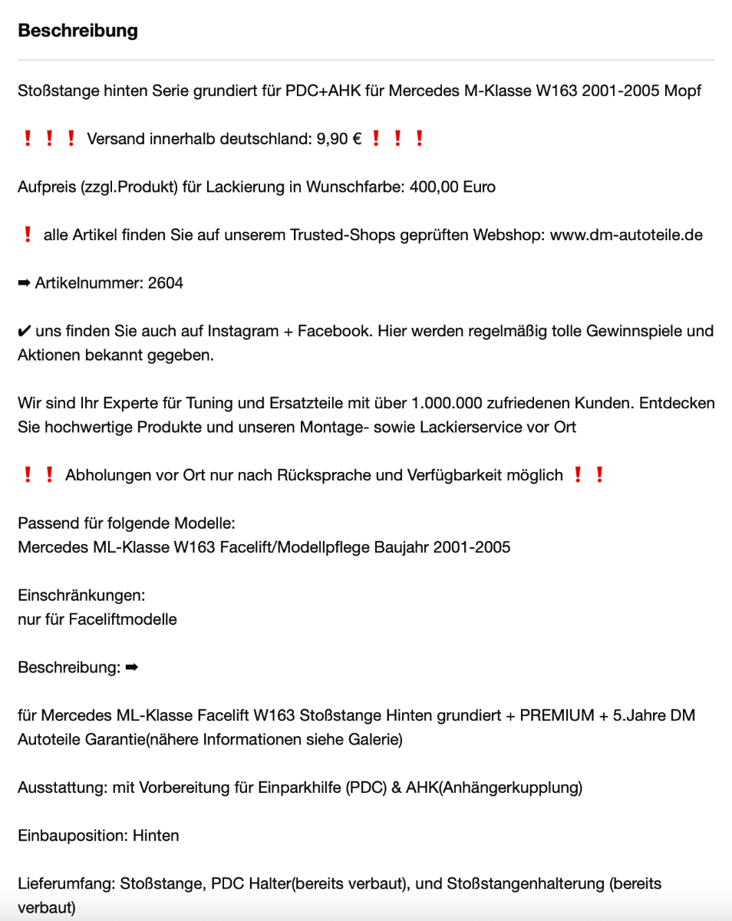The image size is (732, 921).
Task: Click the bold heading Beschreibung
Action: pos(77,31)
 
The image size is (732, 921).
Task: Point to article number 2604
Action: pos(166,283)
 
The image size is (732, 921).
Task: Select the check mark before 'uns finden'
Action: pos(25,331)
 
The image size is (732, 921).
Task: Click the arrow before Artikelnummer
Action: pos(25,283)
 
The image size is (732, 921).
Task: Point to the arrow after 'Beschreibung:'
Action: pos(131,667)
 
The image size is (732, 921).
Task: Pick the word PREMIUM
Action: pos(557,715)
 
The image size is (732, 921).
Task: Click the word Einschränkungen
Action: pos(81,595)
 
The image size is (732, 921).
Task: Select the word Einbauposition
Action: pos(72,835)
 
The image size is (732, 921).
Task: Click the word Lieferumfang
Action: pos(66,883)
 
